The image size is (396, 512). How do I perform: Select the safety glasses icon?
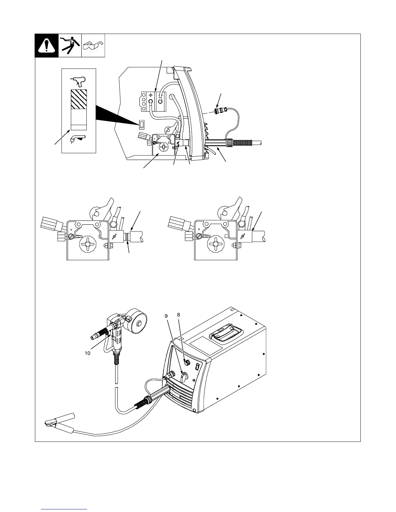click(93, 46)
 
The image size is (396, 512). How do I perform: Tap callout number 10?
click(87, 353)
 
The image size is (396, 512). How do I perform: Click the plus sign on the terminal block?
click(150, 95)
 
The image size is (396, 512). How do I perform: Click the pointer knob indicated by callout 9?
click(184, 376)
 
